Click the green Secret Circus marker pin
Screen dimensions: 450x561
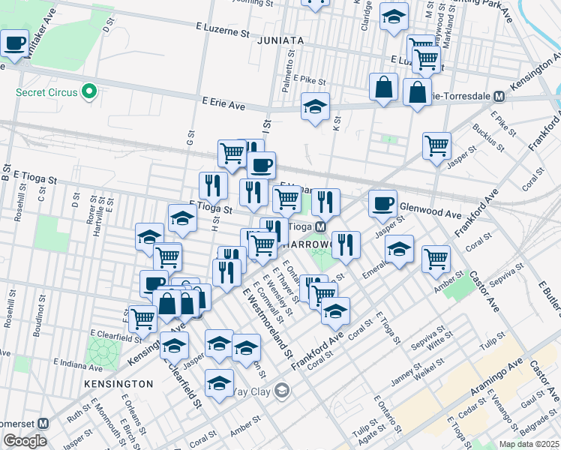pos(89,93)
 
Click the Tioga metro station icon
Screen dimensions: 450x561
pos(319,226)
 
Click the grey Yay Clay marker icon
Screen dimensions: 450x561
pos(281,390)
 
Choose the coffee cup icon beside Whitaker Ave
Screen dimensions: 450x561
pos(15,44)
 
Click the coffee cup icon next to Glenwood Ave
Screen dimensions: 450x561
pos(382,203)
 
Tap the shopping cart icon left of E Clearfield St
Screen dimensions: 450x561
pos(142,319)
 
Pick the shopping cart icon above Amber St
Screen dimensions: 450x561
pos(436,259)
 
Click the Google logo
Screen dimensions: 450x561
pos(24,441)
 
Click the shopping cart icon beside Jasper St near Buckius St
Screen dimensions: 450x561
pos(436,146)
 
